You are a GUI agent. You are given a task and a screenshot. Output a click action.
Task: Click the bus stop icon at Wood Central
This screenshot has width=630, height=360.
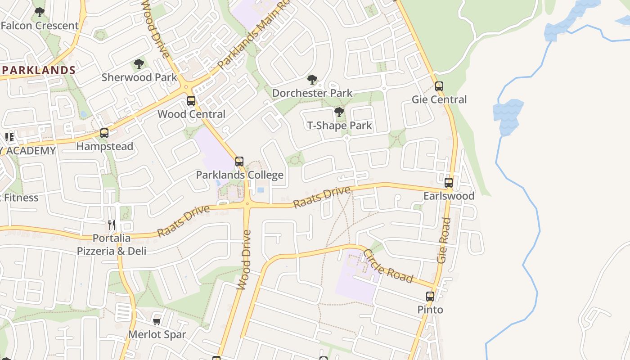(191, 101)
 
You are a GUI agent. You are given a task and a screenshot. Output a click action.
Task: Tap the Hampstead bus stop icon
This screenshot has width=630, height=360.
(104, 133)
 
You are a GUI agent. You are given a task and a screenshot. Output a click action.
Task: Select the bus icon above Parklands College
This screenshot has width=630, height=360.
(239, 162)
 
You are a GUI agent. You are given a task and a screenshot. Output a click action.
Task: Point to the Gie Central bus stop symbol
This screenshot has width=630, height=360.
(439, 86)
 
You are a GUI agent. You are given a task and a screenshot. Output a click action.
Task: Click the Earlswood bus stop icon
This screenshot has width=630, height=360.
(449, 183)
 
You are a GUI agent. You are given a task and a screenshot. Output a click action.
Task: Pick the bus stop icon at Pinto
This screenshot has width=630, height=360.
(430, 297)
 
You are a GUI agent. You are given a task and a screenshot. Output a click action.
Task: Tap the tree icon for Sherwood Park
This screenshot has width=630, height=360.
(139, 64)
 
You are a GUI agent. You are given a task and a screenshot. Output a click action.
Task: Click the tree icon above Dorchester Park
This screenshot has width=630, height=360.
(312, 80)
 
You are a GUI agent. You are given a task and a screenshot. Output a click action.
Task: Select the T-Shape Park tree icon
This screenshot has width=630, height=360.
(339, 112)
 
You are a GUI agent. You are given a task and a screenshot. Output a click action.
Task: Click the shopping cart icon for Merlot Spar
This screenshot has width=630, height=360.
(157, 321)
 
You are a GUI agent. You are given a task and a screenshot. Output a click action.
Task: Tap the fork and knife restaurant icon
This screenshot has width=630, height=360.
(112, 225)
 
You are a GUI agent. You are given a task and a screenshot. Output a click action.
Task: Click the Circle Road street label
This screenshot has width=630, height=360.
(388, 266)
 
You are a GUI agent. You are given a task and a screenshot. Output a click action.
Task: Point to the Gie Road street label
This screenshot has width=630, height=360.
(444, 240)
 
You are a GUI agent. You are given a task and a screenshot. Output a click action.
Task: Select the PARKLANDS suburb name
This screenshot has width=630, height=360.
(39, 70)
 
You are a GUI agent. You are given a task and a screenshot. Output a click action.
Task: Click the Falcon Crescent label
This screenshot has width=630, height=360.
(40, 26)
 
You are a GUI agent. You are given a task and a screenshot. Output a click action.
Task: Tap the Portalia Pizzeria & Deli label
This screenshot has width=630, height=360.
(112, 244)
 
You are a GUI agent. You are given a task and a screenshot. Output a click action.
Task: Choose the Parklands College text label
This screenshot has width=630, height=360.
(239, 175)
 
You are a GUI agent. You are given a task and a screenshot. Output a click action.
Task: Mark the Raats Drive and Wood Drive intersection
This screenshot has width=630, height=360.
(247, 204)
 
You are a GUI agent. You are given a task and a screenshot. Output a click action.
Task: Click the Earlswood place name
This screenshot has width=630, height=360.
(449, 196)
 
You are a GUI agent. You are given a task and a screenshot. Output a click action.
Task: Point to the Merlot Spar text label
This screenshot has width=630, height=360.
(157, 335)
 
